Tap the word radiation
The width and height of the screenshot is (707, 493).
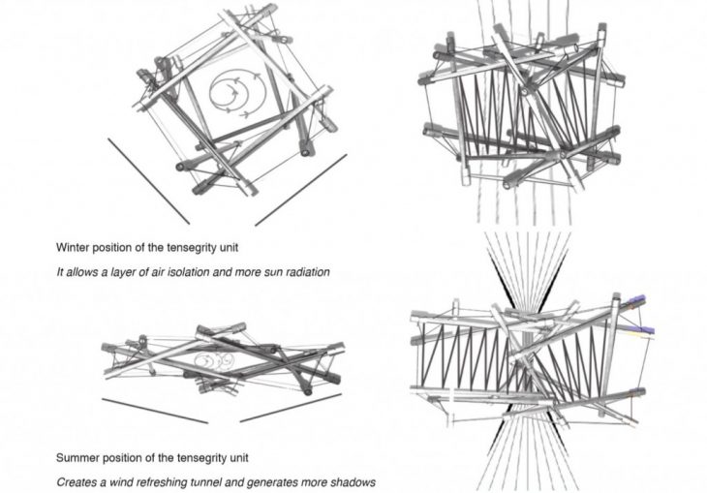coord(304,272)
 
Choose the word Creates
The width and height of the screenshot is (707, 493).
coord(77,482)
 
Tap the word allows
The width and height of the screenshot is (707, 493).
coord(85,272)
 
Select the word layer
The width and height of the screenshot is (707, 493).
coord(125,272)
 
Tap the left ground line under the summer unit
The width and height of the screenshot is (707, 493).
coord(153,410)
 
